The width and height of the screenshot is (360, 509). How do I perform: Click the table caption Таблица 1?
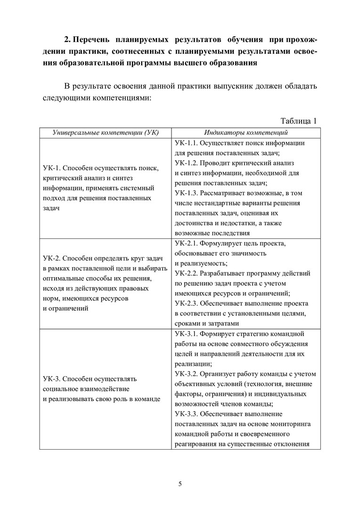299,120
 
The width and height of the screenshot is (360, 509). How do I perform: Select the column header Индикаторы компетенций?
246,133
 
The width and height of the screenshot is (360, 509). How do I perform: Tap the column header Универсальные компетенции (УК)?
106,133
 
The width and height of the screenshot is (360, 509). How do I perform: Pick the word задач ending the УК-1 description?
51,208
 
